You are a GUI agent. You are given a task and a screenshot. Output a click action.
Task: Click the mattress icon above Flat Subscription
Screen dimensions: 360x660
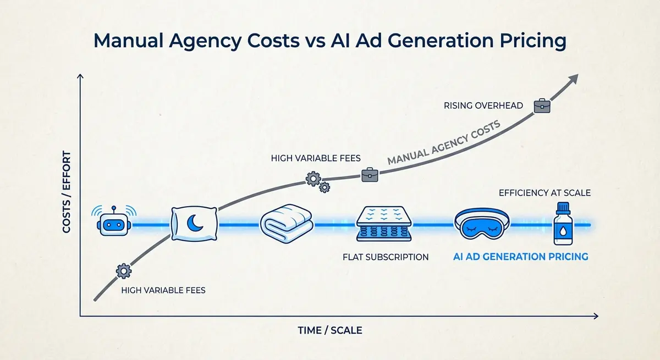point(383,224)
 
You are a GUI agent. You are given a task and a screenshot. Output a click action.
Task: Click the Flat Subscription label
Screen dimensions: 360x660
point(385,257)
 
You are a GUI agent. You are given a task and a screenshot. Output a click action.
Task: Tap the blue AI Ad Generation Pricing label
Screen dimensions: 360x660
point(520,257)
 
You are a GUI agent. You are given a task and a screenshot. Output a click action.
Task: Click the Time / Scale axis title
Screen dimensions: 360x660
point(329,330)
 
